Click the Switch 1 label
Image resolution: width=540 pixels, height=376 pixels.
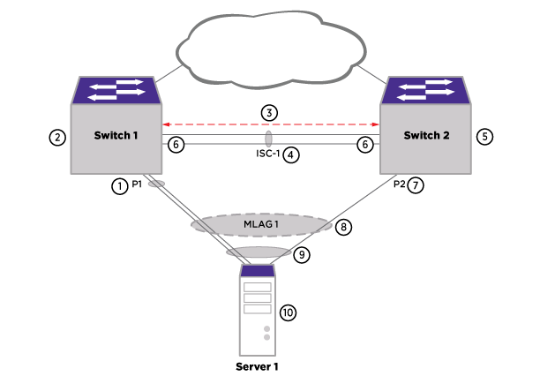[116, 136]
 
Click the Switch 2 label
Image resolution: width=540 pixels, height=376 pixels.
[426, 136]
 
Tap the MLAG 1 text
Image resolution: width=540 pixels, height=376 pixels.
[260, 224]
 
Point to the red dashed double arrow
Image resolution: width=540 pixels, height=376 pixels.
[271, 124]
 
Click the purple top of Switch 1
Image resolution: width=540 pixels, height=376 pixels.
[116, 89]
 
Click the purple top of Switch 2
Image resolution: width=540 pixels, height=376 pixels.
[425, 89]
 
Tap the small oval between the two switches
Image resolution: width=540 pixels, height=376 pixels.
[268, 139]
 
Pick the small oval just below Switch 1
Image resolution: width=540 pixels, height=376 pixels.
[156, 184]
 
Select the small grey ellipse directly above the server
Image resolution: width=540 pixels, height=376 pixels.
[258, 252]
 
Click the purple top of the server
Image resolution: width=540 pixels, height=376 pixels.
[257, 271]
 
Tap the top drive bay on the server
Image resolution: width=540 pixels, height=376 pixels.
[257, 287]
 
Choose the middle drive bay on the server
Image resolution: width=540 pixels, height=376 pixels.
[257, 297]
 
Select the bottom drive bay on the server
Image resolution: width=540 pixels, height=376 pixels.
[257, 308]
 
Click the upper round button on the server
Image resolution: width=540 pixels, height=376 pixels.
[266, 329]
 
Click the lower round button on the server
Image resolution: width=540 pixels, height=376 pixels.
[266, 337]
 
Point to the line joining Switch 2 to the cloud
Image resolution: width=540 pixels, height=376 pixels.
[371, 71]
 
